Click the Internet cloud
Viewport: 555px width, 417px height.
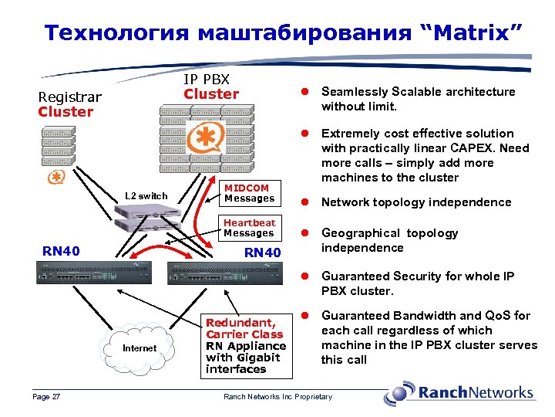(x=140, y=348)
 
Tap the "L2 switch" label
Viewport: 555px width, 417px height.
(x=146, y=196)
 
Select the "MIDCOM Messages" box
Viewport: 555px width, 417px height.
(x=249, y=193)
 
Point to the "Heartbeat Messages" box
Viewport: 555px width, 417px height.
(x=249, y=228)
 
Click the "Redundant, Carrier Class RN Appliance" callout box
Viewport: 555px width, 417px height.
(x=246, y=346)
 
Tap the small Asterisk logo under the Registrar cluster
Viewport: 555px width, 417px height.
(x=55, y=178)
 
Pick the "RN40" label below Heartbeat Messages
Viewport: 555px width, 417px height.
(x=262, y=253)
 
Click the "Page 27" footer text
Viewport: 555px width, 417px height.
(x=47, y=397)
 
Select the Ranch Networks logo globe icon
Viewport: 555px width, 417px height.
(x=399, y=393)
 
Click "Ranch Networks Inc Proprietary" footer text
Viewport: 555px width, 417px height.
(x=277, y=397)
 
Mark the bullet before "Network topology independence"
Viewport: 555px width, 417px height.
(x=305, y=202)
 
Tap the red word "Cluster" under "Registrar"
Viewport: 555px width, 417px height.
(x=66, y=112)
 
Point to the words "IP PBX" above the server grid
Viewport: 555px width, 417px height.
(x=207, y=80)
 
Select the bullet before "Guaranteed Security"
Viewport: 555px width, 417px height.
(x=305, y=276)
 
